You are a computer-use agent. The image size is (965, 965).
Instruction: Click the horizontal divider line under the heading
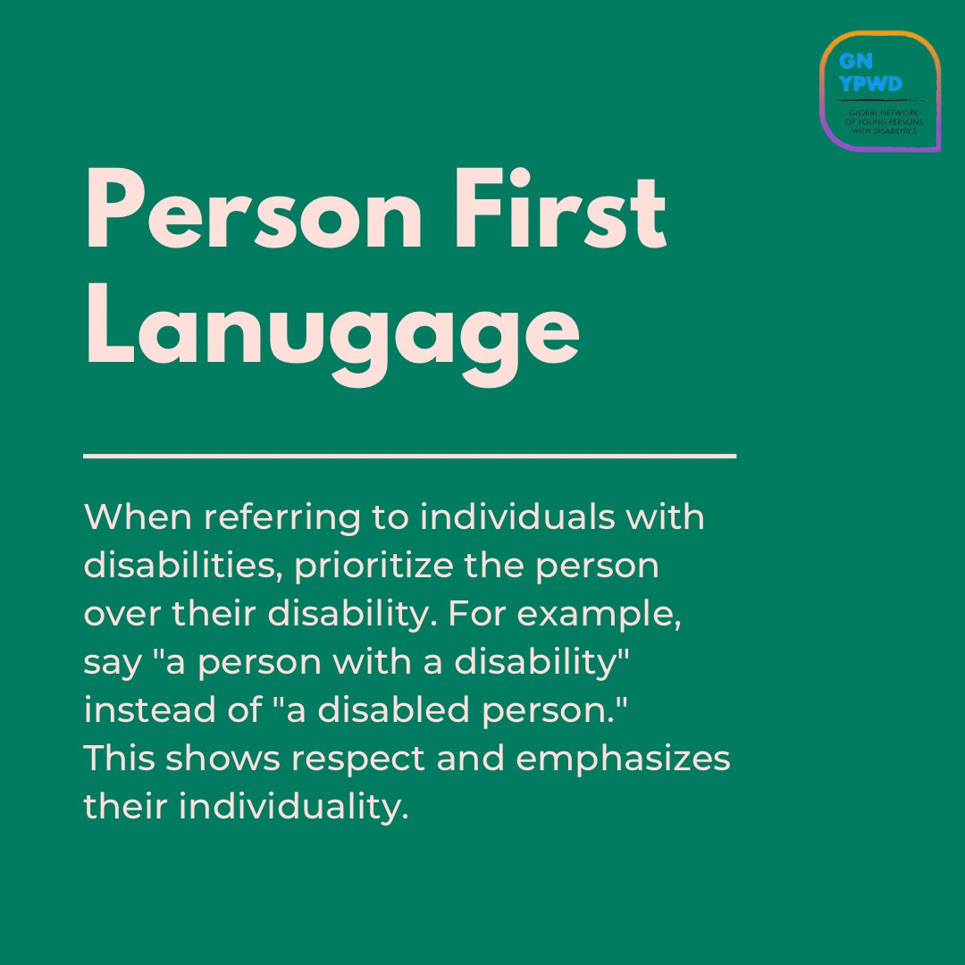(x=409, y=456)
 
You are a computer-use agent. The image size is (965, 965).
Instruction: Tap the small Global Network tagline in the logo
(x=881, y=118)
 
